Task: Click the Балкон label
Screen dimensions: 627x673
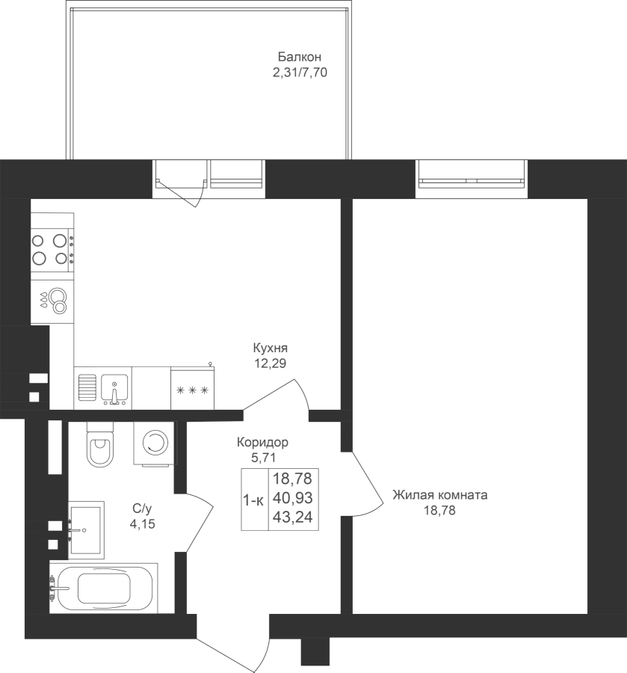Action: click(x=300, y=57)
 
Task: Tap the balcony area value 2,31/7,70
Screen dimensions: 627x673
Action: click(x=300, y=73)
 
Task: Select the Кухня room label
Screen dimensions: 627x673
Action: click(x=271, y=347)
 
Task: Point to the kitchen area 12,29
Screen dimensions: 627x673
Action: click(x=271, y=363)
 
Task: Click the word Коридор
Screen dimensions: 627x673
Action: click(x=262, y=442)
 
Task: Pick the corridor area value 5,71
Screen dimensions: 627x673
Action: click(x=263, y=458)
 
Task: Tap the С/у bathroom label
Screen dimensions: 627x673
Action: click(x=142, y=508)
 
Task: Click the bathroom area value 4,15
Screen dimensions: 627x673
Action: click(x=143, y=524)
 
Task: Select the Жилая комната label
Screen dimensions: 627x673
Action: click(x=440, y=495)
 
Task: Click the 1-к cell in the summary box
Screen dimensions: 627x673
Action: click(x=253, y=500)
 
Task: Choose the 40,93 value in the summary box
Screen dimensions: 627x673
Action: click(x=293, y=498)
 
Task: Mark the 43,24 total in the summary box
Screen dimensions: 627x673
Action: click(x=293, y=517)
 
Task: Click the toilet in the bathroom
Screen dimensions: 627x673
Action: click(x=100, y=445)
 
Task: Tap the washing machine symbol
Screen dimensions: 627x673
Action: click(x=155, y=443)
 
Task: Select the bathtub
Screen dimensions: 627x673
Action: click(x=103, y=588)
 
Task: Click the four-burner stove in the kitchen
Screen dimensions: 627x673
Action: click(x=52, y=249)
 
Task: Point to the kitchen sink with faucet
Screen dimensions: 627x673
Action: click(x=114, y=389)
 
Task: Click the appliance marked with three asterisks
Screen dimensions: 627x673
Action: click(x=193, y=388)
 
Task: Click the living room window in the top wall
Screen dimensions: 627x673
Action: click(x=472, y=179)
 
